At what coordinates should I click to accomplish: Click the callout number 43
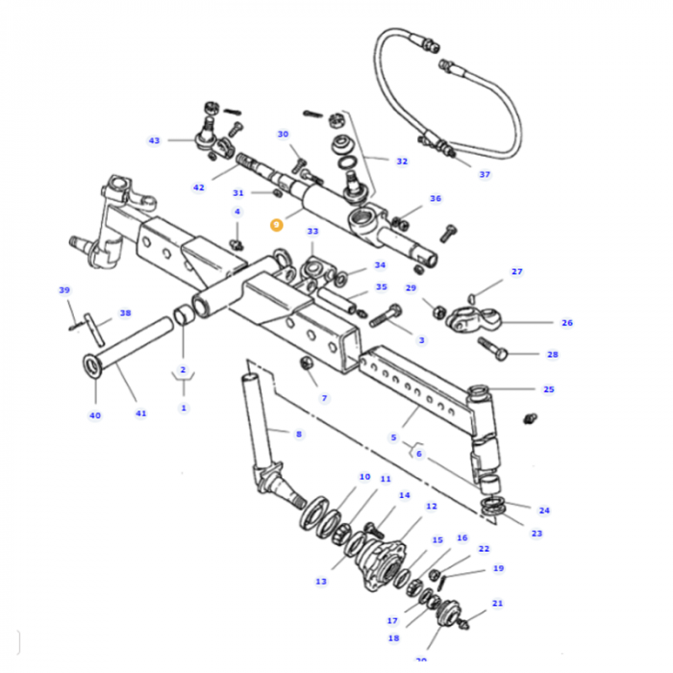pos(154,140)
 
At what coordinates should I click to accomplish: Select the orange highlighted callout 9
pos(276,224)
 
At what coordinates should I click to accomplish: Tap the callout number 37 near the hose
pos(485,174)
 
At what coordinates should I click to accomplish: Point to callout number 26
pos(566,323)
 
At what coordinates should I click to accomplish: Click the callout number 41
pos(141,413)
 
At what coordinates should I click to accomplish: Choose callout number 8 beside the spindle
pos(298,434)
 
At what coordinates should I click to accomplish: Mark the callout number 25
pos(548,389)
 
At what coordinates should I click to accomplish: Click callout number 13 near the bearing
pos(320,581)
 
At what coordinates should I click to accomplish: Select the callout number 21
pos(497,604)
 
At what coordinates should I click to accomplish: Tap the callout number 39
pos(64,290)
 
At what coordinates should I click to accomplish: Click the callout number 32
pos(401,162)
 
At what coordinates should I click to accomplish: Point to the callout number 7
pos(324,397)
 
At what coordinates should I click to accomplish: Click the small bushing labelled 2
pos(183,316)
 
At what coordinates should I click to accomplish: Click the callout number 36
pos(436,199)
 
